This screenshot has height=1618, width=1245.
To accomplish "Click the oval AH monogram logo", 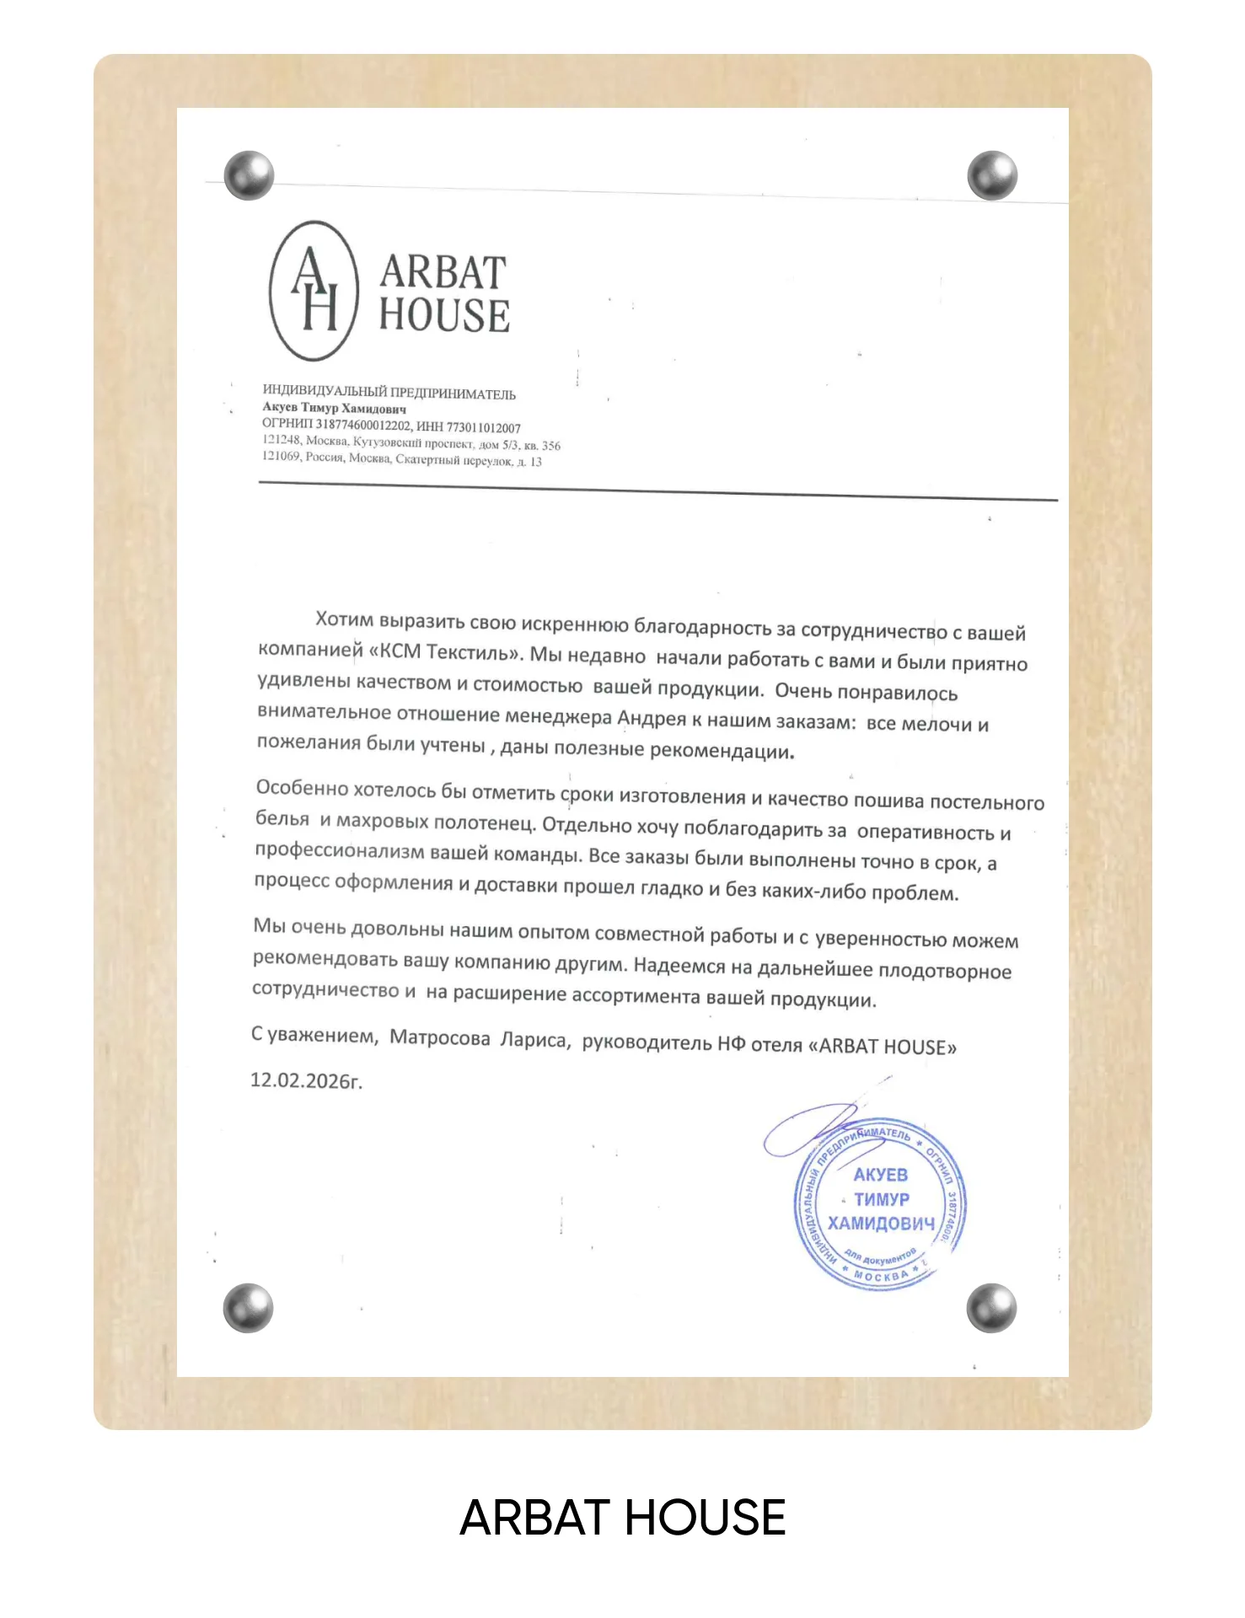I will pos(314,291).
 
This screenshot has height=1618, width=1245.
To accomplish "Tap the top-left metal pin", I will pos(250,175).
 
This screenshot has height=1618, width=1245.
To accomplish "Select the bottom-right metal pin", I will pos(991,1308).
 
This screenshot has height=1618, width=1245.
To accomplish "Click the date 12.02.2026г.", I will pos(306,1080).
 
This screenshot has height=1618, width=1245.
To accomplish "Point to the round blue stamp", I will pos(880,1205).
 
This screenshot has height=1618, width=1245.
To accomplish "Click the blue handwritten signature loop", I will pos(809,1129).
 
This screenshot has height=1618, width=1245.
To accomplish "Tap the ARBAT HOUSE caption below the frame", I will pos(622,1518).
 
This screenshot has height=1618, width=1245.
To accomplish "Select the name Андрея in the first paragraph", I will pos(652,718).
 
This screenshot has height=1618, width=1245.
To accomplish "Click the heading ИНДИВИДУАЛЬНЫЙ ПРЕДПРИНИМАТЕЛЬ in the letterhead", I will pos(389,392).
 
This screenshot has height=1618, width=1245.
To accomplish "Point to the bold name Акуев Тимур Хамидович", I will pos(334,408).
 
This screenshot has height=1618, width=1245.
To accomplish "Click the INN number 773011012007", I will pos(483,428).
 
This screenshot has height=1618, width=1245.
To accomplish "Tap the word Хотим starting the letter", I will pos(344,620).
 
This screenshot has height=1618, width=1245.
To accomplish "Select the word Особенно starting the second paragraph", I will pos(302,788).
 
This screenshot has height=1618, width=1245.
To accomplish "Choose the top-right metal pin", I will pos(992,175).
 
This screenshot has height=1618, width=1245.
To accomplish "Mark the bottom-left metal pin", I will pos(249,1308).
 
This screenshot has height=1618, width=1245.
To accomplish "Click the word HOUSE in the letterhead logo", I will pos(444,315).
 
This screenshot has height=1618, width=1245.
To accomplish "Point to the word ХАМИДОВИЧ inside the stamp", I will pos(881,1224).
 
